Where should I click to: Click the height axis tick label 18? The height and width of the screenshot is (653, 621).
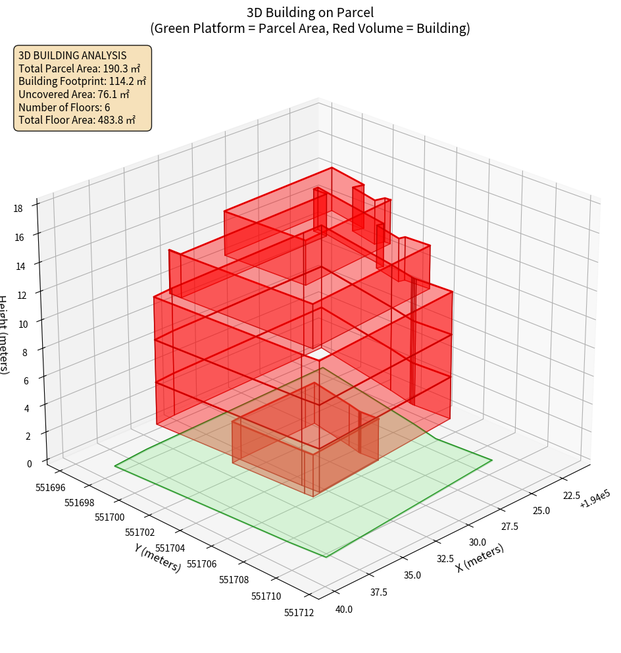pos(18,208)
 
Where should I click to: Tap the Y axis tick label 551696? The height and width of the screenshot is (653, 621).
pos(51,488)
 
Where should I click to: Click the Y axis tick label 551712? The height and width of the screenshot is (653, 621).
pos(299,612)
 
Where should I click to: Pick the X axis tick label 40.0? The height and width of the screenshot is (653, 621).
pos(343,609)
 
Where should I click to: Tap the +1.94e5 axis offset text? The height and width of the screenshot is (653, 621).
pos(595,502)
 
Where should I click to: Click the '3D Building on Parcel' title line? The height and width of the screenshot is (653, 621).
pos(310,12)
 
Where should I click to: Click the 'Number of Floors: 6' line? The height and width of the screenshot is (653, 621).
pos(64,107)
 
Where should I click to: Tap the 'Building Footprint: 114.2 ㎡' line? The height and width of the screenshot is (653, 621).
pos(82,82)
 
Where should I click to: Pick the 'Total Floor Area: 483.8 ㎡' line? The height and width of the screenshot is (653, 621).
pos(77,120)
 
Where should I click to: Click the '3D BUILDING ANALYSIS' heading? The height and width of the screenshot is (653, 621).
pos(72,55)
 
